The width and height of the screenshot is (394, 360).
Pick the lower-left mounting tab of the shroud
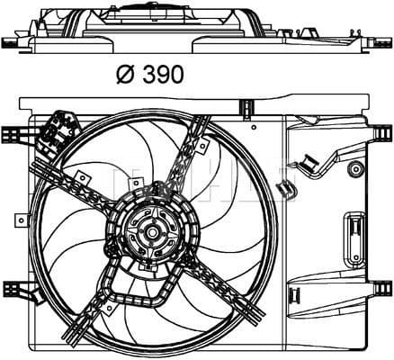point(13,293)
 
